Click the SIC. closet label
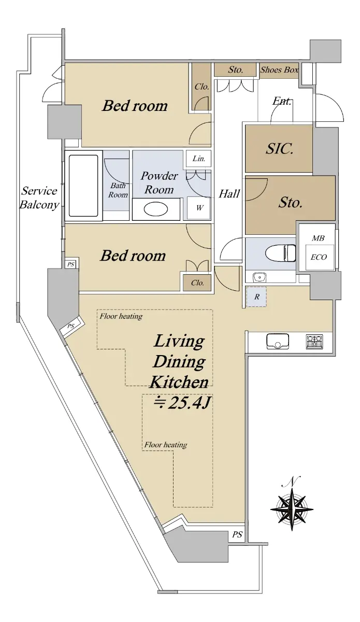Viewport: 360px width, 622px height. [280, 149]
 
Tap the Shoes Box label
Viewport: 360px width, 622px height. [279, 69]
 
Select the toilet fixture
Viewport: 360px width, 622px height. [280, 253]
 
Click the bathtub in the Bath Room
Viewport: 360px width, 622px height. [83, 186]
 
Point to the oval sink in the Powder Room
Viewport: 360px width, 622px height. [156, 209]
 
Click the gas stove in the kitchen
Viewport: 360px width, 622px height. [314, 342]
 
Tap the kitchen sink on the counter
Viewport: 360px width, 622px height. [278, 341]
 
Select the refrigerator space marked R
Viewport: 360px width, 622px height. [256, 297]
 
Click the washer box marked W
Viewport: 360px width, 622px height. [199, 208]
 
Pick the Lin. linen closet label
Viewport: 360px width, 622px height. [199, 159]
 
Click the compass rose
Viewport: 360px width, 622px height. [292, 510]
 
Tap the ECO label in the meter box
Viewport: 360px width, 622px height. [319, 257]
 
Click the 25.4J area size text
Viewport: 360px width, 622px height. [183, 403]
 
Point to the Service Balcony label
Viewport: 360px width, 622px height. [39, 197]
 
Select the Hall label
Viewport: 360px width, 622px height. [229, 193]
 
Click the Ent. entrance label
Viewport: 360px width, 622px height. [281, 101]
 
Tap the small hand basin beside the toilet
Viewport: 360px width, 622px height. [260, 277]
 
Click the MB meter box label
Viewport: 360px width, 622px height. [318, 238]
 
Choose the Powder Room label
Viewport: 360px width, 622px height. [159, 182]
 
